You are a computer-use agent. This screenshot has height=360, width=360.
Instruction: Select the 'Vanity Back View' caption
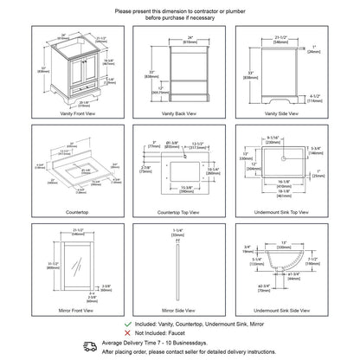[x=179, y=113]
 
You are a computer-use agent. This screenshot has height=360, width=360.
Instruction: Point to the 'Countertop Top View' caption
[x=179, y=210]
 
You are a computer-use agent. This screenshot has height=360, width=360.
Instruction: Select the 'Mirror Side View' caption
[x=179, y=309]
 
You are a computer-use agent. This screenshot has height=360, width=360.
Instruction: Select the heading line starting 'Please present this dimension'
[x=179, y=11]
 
